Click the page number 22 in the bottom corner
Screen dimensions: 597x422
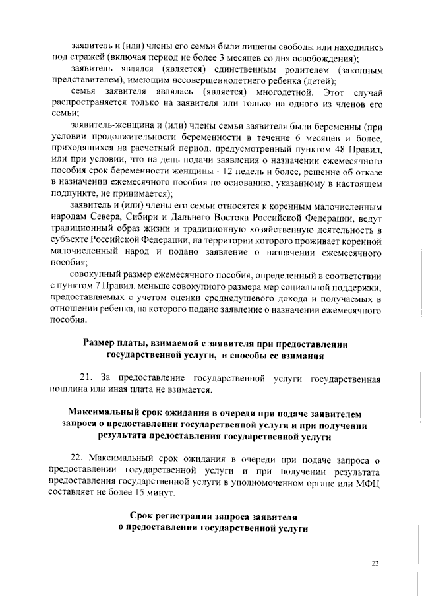pyautogui.click(x=375, y=563)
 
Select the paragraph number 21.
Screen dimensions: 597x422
pyautogui.click(x=86, y=379)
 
